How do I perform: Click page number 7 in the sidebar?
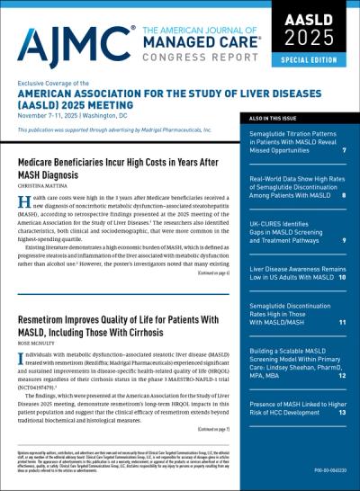pyautogui.click(x=344, y=150)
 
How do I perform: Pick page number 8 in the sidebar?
pyautogui.click(x=344, y=194)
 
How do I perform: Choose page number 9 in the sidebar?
pyautogui.click(x=344, y=240)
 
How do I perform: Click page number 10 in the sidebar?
pyautogui.click(x=342, y=278)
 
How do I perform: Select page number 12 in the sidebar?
pyautogui.click(x=342, y=375)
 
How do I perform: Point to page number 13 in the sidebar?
pyautogui.click(x=342, y=412)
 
